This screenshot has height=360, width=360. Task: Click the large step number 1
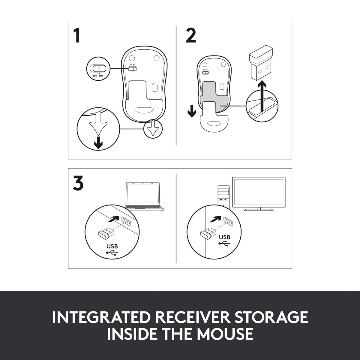77,35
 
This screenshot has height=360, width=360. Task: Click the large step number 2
191,35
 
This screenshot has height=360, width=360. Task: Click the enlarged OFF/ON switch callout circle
98,68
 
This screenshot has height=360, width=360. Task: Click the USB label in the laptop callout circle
112,246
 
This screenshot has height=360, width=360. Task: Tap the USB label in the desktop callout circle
224,237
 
